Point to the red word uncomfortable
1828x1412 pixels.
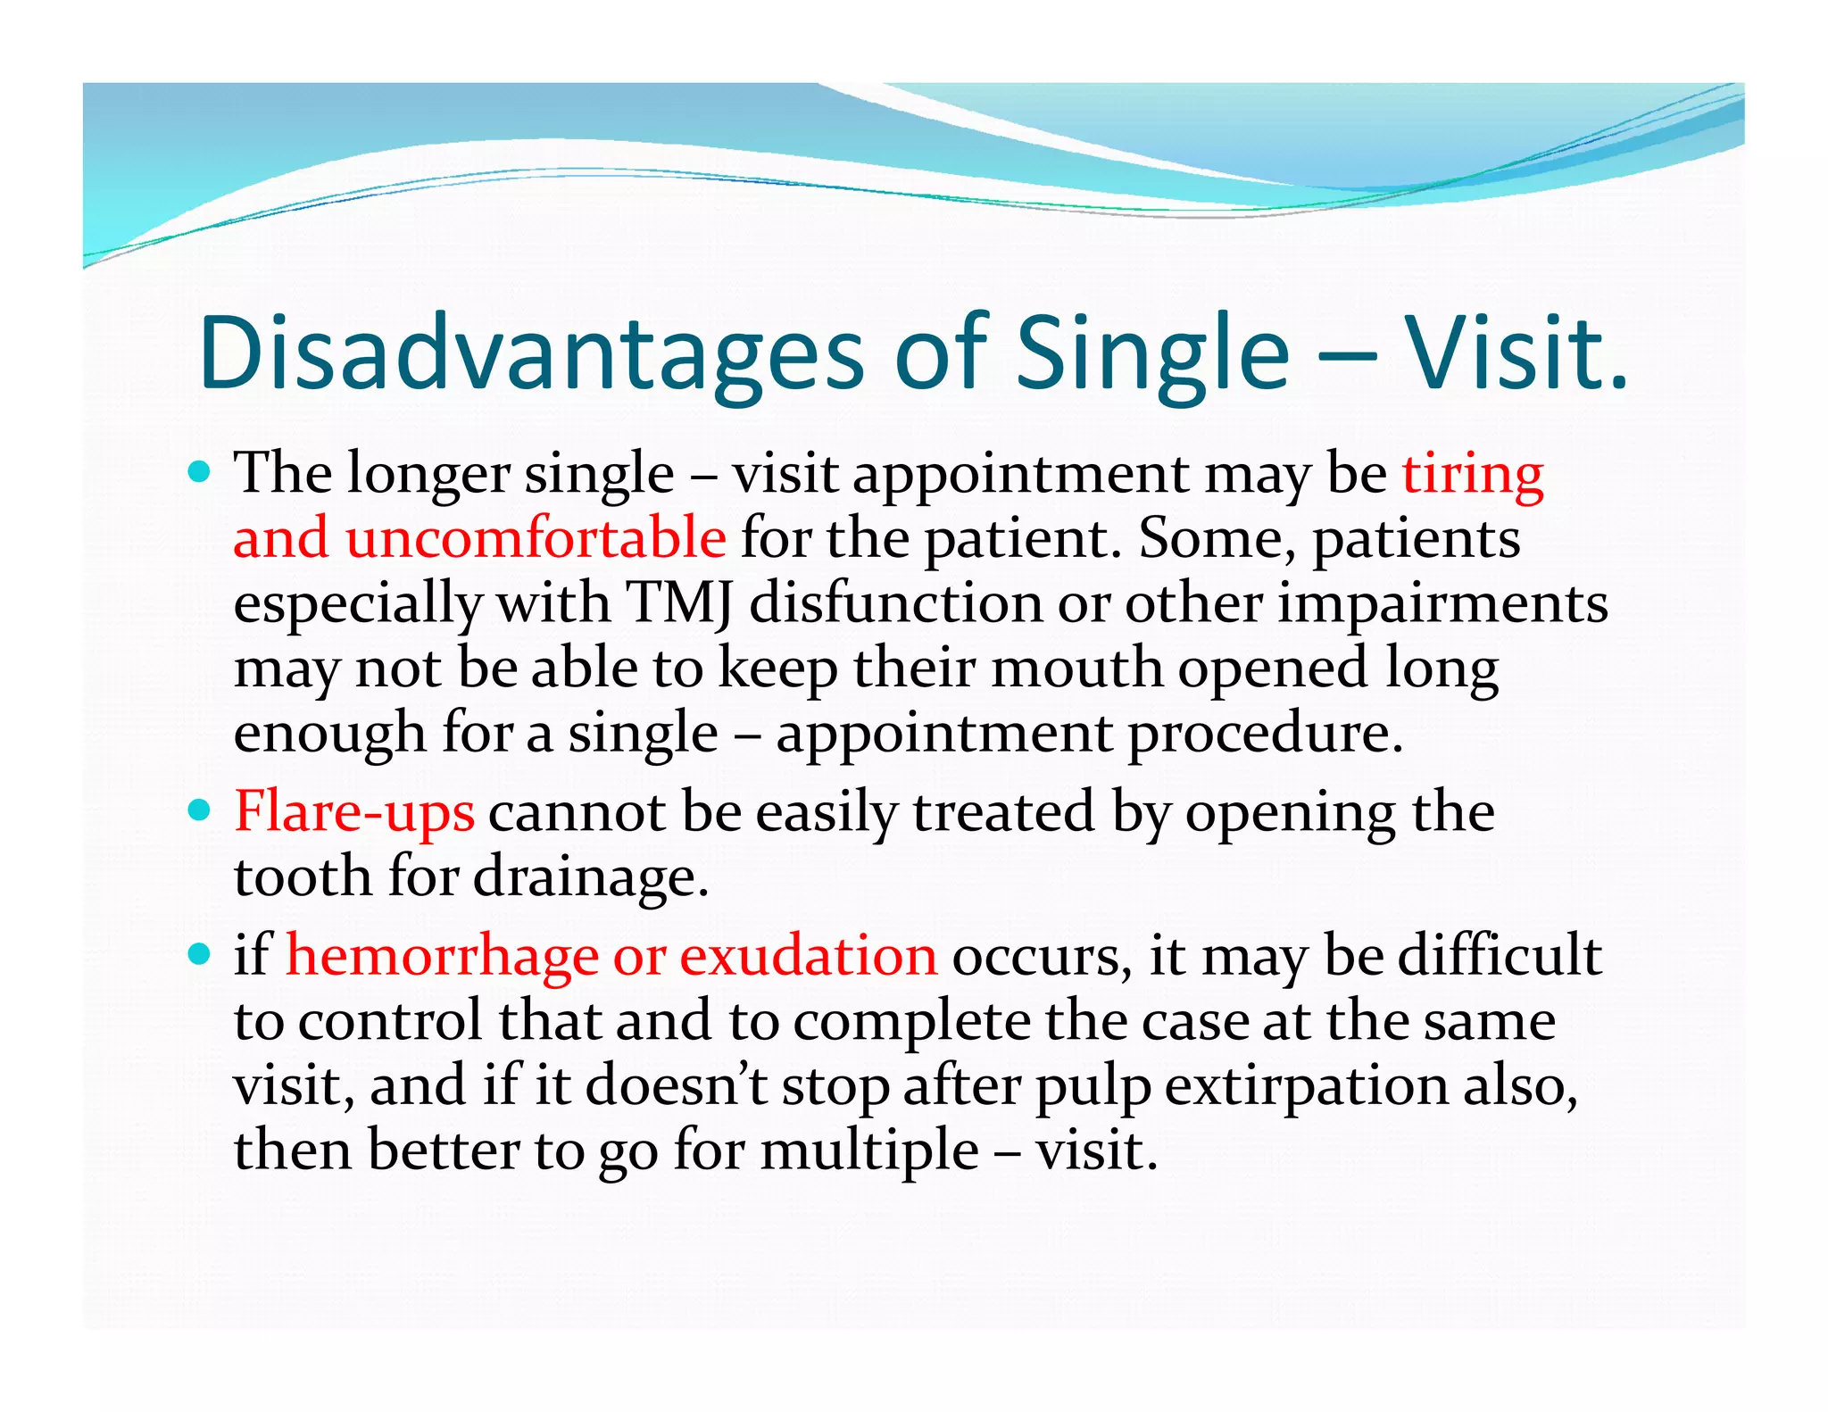(536, 539)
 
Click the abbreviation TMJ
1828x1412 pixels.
(679, 603)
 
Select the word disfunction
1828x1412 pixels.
(895, 603)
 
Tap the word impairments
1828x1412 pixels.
(1442, 603)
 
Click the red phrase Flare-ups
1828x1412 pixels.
(354, 813)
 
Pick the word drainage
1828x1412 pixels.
(590, 877)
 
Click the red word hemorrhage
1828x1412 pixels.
(442, 956)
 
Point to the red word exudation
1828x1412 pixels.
(809, 956)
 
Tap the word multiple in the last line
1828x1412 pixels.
(870, 1150)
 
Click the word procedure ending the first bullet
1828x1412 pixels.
(1265, 734)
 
